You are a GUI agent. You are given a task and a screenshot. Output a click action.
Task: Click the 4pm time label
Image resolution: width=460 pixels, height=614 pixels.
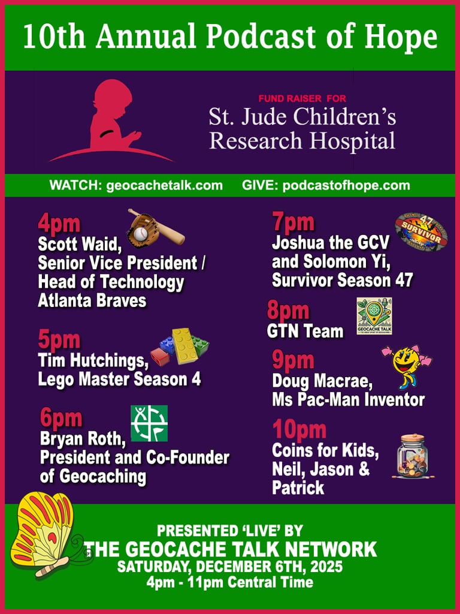[59, 224]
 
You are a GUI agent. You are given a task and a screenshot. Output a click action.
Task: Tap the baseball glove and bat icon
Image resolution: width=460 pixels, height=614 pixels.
[155, 228]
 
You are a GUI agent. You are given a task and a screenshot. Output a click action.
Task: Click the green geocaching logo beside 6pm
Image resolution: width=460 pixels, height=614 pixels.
[149, 423]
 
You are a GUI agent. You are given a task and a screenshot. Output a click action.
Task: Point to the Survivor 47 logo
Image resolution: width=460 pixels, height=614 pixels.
[421, 232]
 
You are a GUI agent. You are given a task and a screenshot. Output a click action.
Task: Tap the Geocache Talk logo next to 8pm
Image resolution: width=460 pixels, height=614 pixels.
[374, 316]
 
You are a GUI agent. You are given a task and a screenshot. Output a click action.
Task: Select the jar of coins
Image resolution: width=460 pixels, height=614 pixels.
[413, 457]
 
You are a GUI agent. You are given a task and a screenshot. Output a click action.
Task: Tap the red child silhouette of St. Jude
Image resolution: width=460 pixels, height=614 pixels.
[114, 122]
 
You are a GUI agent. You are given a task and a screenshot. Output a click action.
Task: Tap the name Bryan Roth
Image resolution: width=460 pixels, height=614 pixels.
[83, 440]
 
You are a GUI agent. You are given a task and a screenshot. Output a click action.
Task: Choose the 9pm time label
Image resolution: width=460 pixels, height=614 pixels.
[293, 360]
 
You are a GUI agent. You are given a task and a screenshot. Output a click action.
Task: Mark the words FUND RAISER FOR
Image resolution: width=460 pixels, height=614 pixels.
[302, 98]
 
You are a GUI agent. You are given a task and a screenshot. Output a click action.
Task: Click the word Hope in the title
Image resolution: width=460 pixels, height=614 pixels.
[402, 37]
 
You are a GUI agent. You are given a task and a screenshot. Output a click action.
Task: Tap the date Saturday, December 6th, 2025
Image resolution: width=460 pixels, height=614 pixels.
[230, 566]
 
